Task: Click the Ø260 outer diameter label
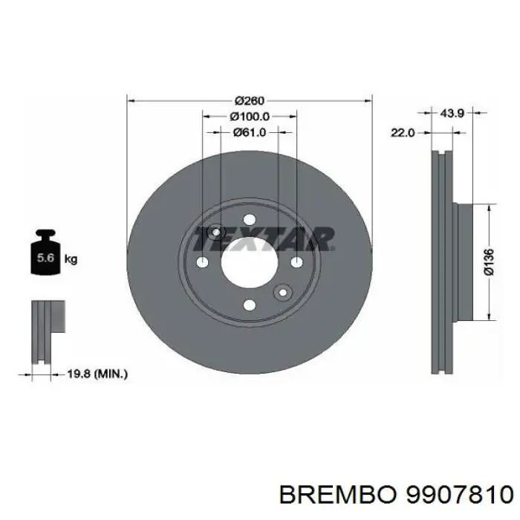click(250, 101)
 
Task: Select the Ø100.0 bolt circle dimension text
click(250, 117)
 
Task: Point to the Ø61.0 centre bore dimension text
click(250, 132)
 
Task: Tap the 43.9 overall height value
click(452, 113)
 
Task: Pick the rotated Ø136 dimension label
click(488, 261)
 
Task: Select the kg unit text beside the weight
click(71, 259)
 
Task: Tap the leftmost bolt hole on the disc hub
click(203, 262)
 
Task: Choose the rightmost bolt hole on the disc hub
click(296, 262)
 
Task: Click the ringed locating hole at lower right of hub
click(282, 292)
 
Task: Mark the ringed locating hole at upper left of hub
click(216, 233)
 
